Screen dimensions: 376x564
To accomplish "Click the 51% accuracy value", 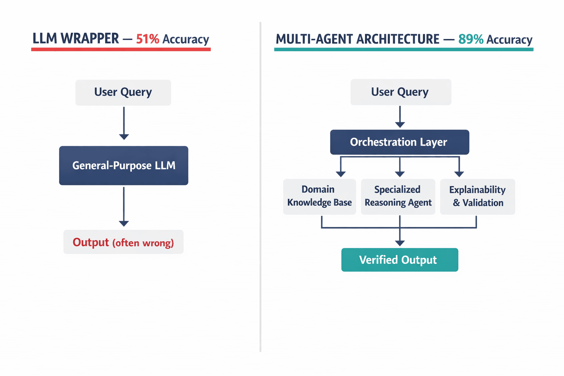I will tap(147, 39).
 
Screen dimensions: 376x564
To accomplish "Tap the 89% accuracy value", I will tap(470, 39).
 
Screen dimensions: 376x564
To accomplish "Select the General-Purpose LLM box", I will tap(123, 166).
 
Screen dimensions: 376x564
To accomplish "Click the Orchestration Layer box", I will tap(399, 142).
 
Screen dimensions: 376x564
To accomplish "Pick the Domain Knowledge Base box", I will tap(319, 196).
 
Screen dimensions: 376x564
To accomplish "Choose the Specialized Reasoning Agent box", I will tap(398, 196).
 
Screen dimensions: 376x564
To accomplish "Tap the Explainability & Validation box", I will tap(477, 196).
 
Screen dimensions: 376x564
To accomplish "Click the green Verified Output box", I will tap(399, 260).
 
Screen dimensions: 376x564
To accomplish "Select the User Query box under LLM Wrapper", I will tap(123, 92).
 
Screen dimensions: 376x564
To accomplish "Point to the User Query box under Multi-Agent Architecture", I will tap(401, 92).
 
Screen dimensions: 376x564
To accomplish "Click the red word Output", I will tap(91, 242).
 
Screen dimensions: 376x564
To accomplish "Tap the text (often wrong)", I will tap(143, 243).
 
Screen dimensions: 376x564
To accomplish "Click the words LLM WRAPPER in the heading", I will tap(76, 39).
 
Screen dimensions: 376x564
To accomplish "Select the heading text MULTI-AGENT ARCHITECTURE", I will tap(357, 39).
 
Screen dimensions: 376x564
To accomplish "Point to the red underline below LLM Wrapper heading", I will tap(121, 49).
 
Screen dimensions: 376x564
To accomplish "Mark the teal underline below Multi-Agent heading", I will tap(404, 49).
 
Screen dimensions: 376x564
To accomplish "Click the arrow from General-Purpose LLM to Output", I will tap(124, 206).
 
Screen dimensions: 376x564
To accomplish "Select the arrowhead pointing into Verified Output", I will tap(400, 243).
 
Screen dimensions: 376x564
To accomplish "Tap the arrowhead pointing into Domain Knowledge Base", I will tap(341, 174).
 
